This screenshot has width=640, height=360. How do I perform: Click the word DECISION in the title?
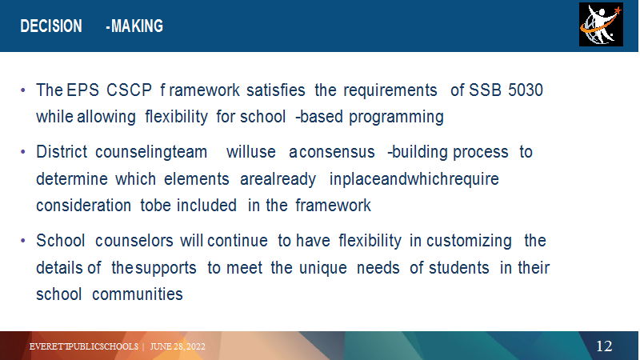pos(51,26)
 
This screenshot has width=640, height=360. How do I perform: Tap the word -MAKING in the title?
pos(134,26)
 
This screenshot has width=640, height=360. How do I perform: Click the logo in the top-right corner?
pos(601,25)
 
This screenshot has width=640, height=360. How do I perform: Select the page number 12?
pos(604,346)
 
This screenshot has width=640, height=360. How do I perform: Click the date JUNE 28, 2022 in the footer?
pos(178,346)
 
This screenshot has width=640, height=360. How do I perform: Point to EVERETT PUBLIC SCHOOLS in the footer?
pos(84,346)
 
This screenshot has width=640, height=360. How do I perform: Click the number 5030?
pos(526,90)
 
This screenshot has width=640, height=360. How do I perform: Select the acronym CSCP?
pos(129,90)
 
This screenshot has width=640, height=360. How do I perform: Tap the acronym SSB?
pos(485,90)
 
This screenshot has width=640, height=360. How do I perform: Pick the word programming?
pos(396,117)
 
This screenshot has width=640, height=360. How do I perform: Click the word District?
pos(62,152)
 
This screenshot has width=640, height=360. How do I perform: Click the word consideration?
pos(84,206)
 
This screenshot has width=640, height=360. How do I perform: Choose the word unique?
pos(323,268)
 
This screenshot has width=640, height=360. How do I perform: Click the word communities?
pos(137,294)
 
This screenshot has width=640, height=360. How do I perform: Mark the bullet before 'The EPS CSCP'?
pos(23,90)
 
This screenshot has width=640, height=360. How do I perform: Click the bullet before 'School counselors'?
pos(23,241)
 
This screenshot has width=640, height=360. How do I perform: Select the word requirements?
pos(390,90)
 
